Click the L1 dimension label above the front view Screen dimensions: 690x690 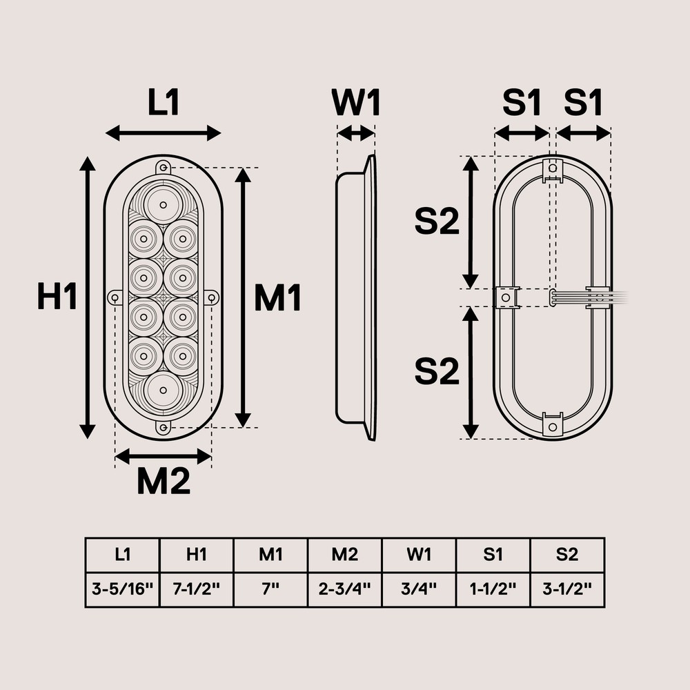pyautogui.click(x=164, y=103)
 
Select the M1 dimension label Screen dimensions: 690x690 pyautogui.click(x=277, y=299)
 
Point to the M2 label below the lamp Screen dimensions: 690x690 pyautogui.click(x=163, y=482)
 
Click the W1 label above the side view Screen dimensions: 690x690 pyautogui.click(x=356, y=103)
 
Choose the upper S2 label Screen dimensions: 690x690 pyautogui.click(x=437, y=221)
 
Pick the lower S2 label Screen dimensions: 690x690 pyautogui.click(x=437, y=372)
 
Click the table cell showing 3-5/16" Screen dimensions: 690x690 pyautogui.click(x=122, y=590)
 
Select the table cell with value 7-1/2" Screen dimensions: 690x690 pyautogui.click(x=197, y=590)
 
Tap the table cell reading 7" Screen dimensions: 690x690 pyautogui.click(x=270, y=590)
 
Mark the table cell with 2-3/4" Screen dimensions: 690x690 pyautogui.click(x=344, y=590)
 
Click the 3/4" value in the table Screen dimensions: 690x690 pyautogui.click(x=419, y=590)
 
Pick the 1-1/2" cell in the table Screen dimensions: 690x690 pyautogui.click(x=493, y=590)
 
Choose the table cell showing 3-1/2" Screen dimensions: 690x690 pyautogui.click(x=567, y=590)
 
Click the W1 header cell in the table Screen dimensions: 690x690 pyautogui.click(x=419, y=555)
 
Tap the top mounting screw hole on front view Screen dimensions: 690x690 pyautogui.click(x=163, y=168)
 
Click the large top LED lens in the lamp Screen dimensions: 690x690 pyautogui.click(x=163, y=204)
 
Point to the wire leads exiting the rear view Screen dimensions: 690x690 pyautogui.click(x=614, y=297)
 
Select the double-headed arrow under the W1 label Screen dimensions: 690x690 pyautogui.click(x=355, y=133)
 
